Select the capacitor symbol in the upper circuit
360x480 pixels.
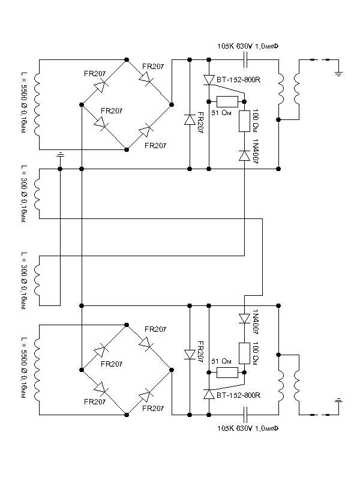click(245, 59)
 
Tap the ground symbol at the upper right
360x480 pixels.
click(338, 73)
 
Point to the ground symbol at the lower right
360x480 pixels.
click(338, 401)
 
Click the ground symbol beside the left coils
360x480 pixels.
click(61, 155)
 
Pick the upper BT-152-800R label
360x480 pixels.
click(238, 80)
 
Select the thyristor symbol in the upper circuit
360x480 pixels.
click(209, 80)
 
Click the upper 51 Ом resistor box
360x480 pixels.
click(227, 101)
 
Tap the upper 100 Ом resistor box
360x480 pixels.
click(244, 121)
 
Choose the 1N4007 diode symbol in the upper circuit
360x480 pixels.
click(244, 155)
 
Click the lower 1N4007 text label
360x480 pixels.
click(256, 322)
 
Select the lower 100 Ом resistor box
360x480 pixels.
click(244, 353)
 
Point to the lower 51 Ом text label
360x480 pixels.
click(221, 361)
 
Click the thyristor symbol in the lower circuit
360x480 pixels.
click(209, 394)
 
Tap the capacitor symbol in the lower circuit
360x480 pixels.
click(245, 415)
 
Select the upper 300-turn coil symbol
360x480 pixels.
click(37, 193)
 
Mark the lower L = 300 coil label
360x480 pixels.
click(24, 281)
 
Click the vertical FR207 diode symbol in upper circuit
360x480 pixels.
click(190, 119)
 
